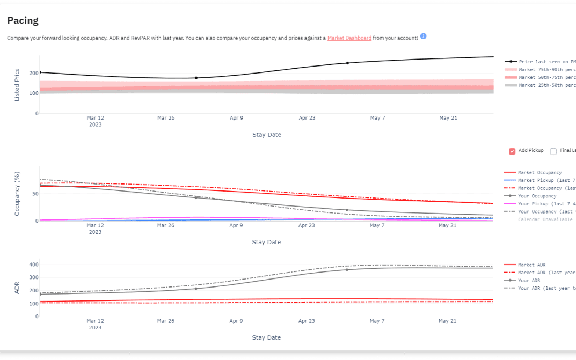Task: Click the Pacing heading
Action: point(23,21)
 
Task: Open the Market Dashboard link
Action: point(349,38)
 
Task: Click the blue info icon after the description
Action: point(423,36)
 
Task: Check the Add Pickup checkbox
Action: point(512,151)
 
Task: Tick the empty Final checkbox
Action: point(553,151)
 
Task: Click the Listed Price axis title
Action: point(17,85)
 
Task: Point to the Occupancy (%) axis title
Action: point(17,194)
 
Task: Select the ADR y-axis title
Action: point(17,289)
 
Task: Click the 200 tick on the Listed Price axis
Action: point(34,73)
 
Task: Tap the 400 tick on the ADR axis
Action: point(34,265)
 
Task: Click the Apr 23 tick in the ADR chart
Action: point(307,321)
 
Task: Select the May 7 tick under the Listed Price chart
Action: point(377,118)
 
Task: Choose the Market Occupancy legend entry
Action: point(539,173)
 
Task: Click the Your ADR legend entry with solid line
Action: point(529,281)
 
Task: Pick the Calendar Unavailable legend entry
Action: point(545,219)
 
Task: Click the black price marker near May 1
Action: point(347,63)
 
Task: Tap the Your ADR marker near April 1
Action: point(196,289)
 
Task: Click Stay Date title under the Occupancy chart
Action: point(266,242)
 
